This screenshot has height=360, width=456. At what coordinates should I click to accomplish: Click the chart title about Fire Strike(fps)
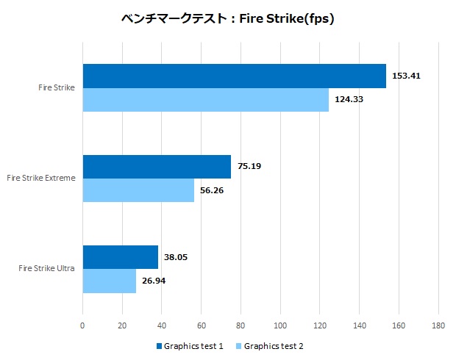(x=228, y=19)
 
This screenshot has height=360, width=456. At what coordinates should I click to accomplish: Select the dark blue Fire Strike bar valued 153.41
(x=234, y=76)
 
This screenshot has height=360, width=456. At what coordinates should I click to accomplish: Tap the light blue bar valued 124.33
(x=205, y=99)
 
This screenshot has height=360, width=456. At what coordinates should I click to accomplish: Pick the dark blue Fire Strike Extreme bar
(x=157, y=166)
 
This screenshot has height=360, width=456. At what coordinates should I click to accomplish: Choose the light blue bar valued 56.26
(x=138, y=190)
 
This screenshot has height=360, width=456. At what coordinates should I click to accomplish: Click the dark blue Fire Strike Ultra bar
(x=120, y=256)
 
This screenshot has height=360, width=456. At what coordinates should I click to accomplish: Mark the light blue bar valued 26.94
(x=109, y=281)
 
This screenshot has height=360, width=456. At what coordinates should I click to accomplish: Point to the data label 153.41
(x=406, y=76)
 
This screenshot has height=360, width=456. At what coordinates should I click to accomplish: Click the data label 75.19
(x=249, y=166)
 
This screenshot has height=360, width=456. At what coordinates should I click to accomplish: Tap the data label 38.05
(x=177, y=256)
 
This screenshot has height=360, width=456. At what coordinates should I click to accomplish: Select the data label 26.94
(x=154, y=281)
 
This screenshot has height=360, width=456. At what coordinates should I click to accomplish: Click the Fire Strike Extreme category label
(x=40, y=178)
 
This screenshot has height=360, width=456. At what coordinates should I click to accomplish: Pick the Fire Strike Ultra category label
(x=46, y=268)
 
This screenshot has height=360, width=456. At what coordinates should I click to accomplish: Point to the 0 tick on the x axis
(x=82, y=325)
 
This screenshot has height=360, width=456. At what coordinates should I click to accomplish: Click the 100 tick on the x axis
(x=280, y=325)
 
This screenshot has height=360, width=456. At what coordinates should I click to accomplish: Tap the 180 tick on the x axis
(x=438, y=325)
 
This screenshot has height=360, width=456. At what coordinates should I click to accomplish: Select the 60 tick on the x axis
(x=201, y=325)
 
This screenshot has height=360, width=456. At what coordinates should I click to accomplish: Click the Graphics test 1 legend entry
(x=189, y=346)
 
